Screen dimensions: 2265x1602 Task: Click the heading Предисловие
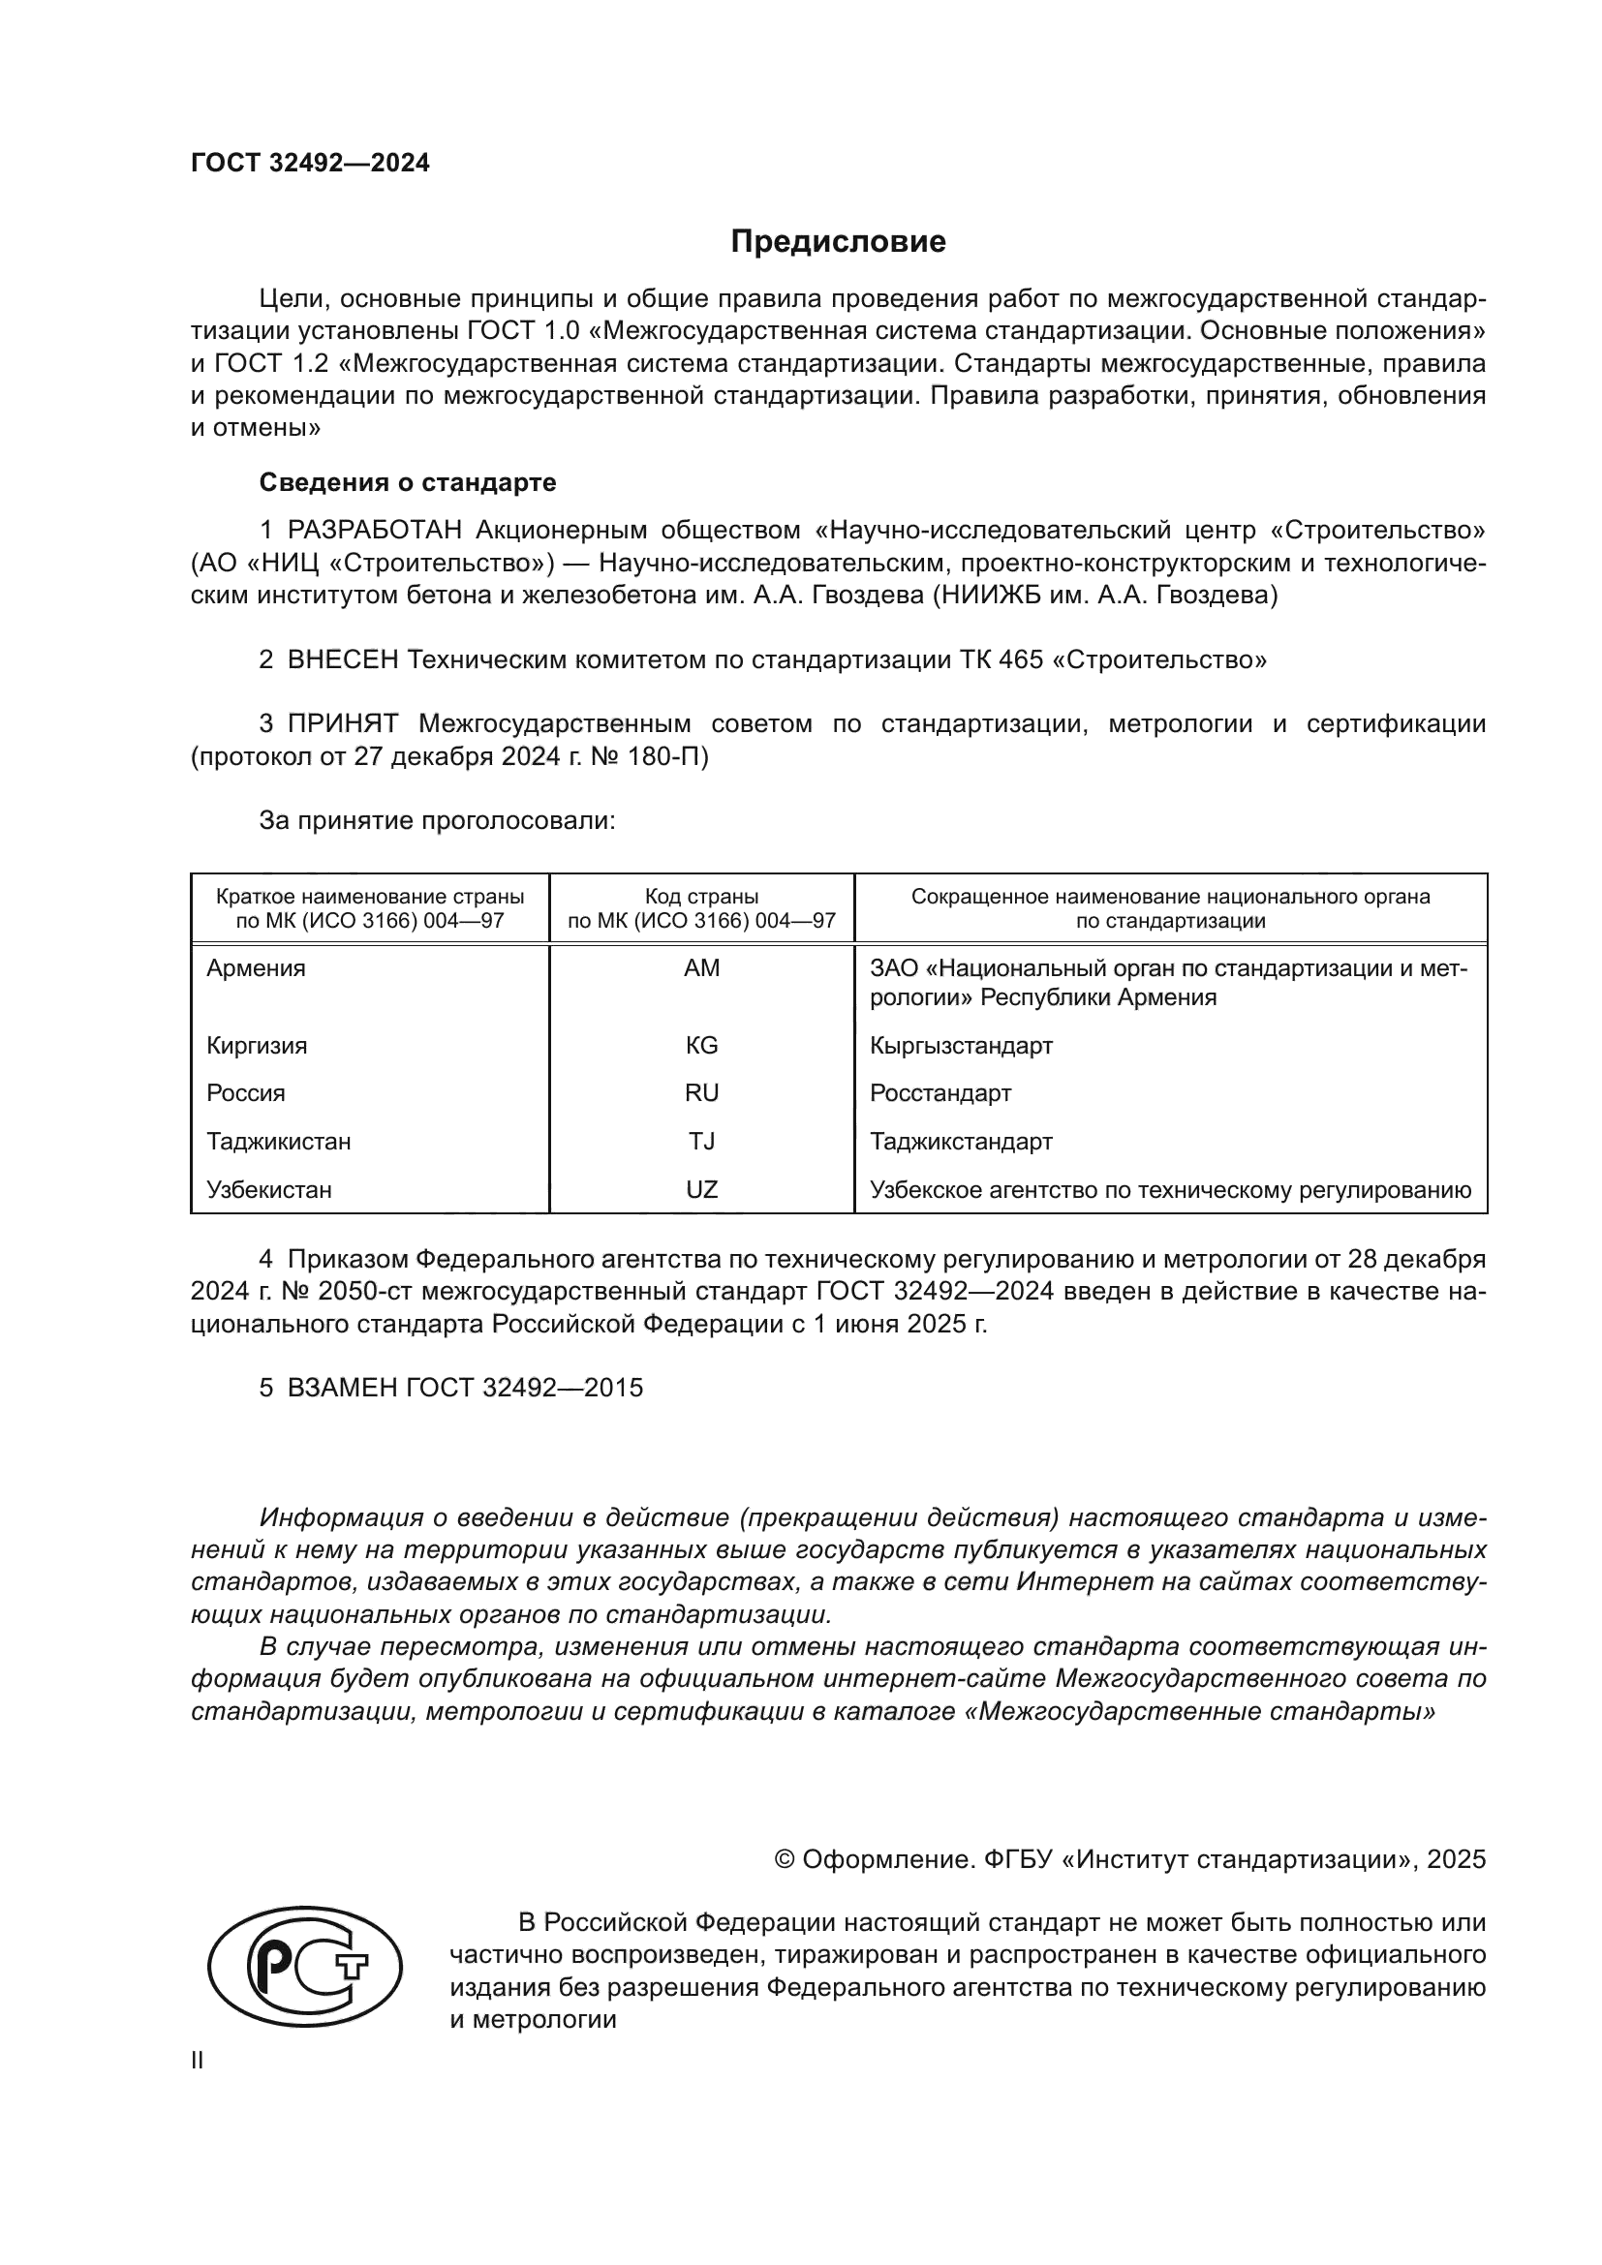tap(838, 242)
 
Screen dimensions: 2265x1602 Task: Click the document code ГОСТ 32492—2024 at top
tap(310, 163)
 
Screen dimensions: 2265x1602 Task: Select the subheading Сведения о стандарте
tap(408, 482)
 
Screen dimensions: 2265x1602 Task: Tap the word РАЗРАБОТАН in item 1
tap(375, 531)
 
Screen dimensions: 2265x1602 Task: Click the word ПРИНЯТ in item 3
tap(342, 724)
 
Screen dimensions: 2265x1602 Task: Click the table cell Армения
tap(257, 968)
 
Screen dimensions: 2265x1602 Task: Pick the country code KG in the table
tap(701, 1046)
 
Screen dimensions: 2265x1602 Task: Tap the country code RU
tap(701, 1093)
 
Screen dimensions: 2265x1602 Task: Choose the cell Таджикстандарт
tap(961, 1142)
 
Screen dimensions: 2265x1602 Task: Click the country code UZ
tap(701, 1190)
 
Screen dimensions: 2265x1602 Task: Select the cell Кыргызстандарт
tap(961, 1046)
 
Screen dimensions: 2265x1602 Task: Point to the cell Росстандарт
tap(940, 1093)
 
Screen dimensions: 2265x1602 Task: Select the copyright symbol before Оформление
tap(785, 1859)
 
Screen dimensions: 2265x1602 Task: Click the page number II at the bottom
tap(198, 2061)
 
